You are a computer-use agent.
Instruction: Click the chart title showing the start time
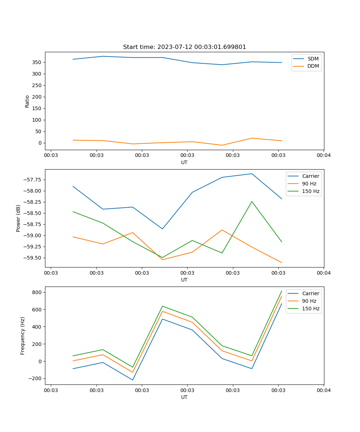pyautogui.click(x=184, y=47)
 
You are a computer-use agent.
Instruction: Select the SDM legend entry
pyautogui.click(x=313, y=59)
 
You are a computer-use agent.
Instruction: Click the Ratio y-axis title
pyautogui.click(x=27, y=101)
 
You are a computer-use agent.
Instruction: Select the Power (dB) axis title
pyautogui.click(x=18, y=218)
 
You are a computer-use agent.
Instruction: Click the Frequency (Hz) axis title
pyautogui.click(x=23, y=336)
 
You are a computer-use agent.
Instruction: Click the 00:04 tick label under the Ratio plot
pyautogui.click(x=323, y=156)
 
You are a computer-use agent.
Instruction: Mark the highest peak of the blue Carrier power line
pyautogui.click(x=252, y=174)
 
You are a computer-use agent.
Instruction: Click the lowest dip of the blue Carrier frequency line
pyautogui.click(x=132, y=380)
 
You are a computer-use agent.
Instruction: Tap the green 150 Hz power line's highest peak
pyautogui.click(x=252, y=202)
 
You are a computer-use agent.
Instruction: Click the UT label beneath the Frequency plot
pyautogui.click(x=184, y=397)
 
